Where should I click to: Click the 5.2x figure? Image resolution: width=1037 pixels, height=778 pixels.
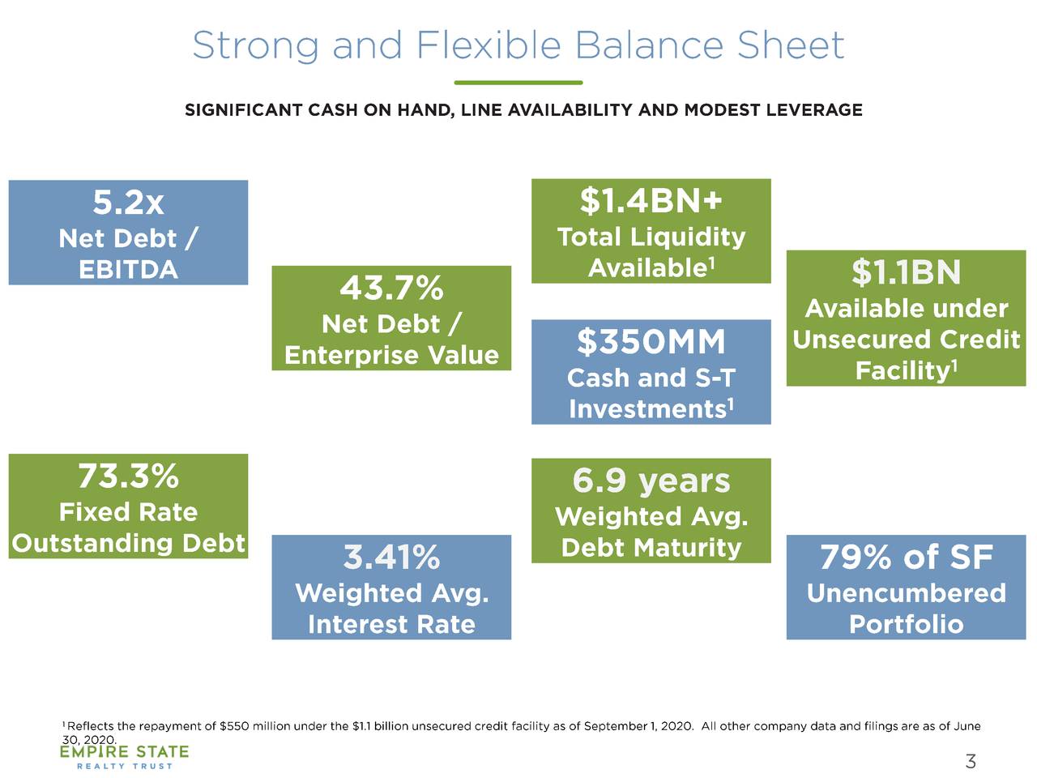click(128, 203)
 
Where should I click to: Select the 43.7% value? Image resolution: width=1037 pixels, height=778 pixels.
click(391, 288)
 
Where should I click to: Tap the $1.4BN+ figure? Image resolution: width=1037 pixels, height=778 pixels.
click(651, 200)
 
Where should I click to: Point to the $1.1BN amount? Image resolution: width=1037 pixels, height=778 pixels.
click(906, 272)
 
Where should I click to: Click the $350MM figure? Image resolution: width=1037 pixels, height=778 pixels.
click(651, 342)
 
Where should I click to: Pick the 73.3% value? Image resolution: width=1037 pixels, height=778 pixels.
click(128, 476)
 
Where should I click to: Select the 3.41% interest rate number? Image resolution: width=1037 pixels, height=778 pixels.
click(391, 558)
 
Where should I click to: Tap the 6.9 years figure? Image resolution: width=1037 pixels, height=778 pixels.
click(651, 481)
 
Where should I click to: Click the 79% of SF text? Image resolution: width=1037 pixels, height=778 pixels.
click(906, 558)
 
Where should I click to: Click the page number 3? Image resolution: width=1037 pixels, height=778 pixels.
click(971, 761)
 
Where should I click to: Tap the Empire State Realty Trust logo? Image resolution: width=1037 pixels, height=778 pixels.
click(124, 757)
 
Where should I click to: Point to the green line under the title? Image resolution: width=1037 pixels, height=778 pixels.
click(518, 83)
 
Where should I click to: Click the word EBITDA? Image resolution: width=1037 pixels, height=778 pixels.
click(128, 270)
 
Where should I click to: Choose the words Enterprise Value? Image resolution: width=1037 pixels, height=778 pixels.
click(391, 355)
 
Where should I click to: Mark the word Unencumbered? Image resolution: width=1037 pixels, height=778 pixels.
click(906, 593)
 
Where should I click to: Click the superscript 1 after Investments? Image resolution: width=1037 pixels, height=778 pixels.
click(731, 402)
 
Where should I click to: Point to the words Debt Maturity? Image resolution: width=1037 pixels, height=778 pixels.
click(651, 548)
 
